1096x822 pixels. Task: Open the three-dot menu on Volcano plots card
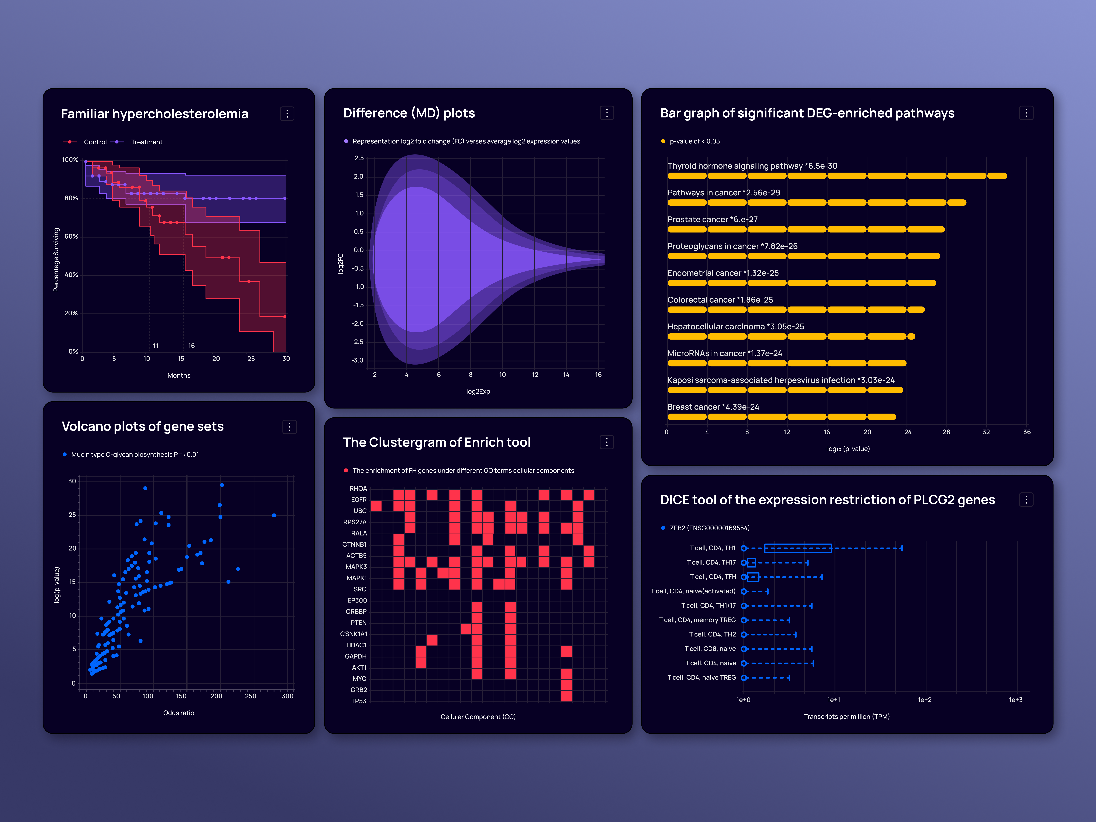[289, 427]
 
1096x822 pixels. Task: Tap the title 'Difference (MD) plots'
[409, 114]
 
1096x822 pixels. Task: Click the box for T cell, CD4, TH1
[798, 548]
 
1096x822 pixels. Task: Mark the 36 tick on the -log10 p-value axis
[1027, 432]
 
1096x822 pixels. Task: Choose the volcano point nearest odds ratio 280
[274, 515]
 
